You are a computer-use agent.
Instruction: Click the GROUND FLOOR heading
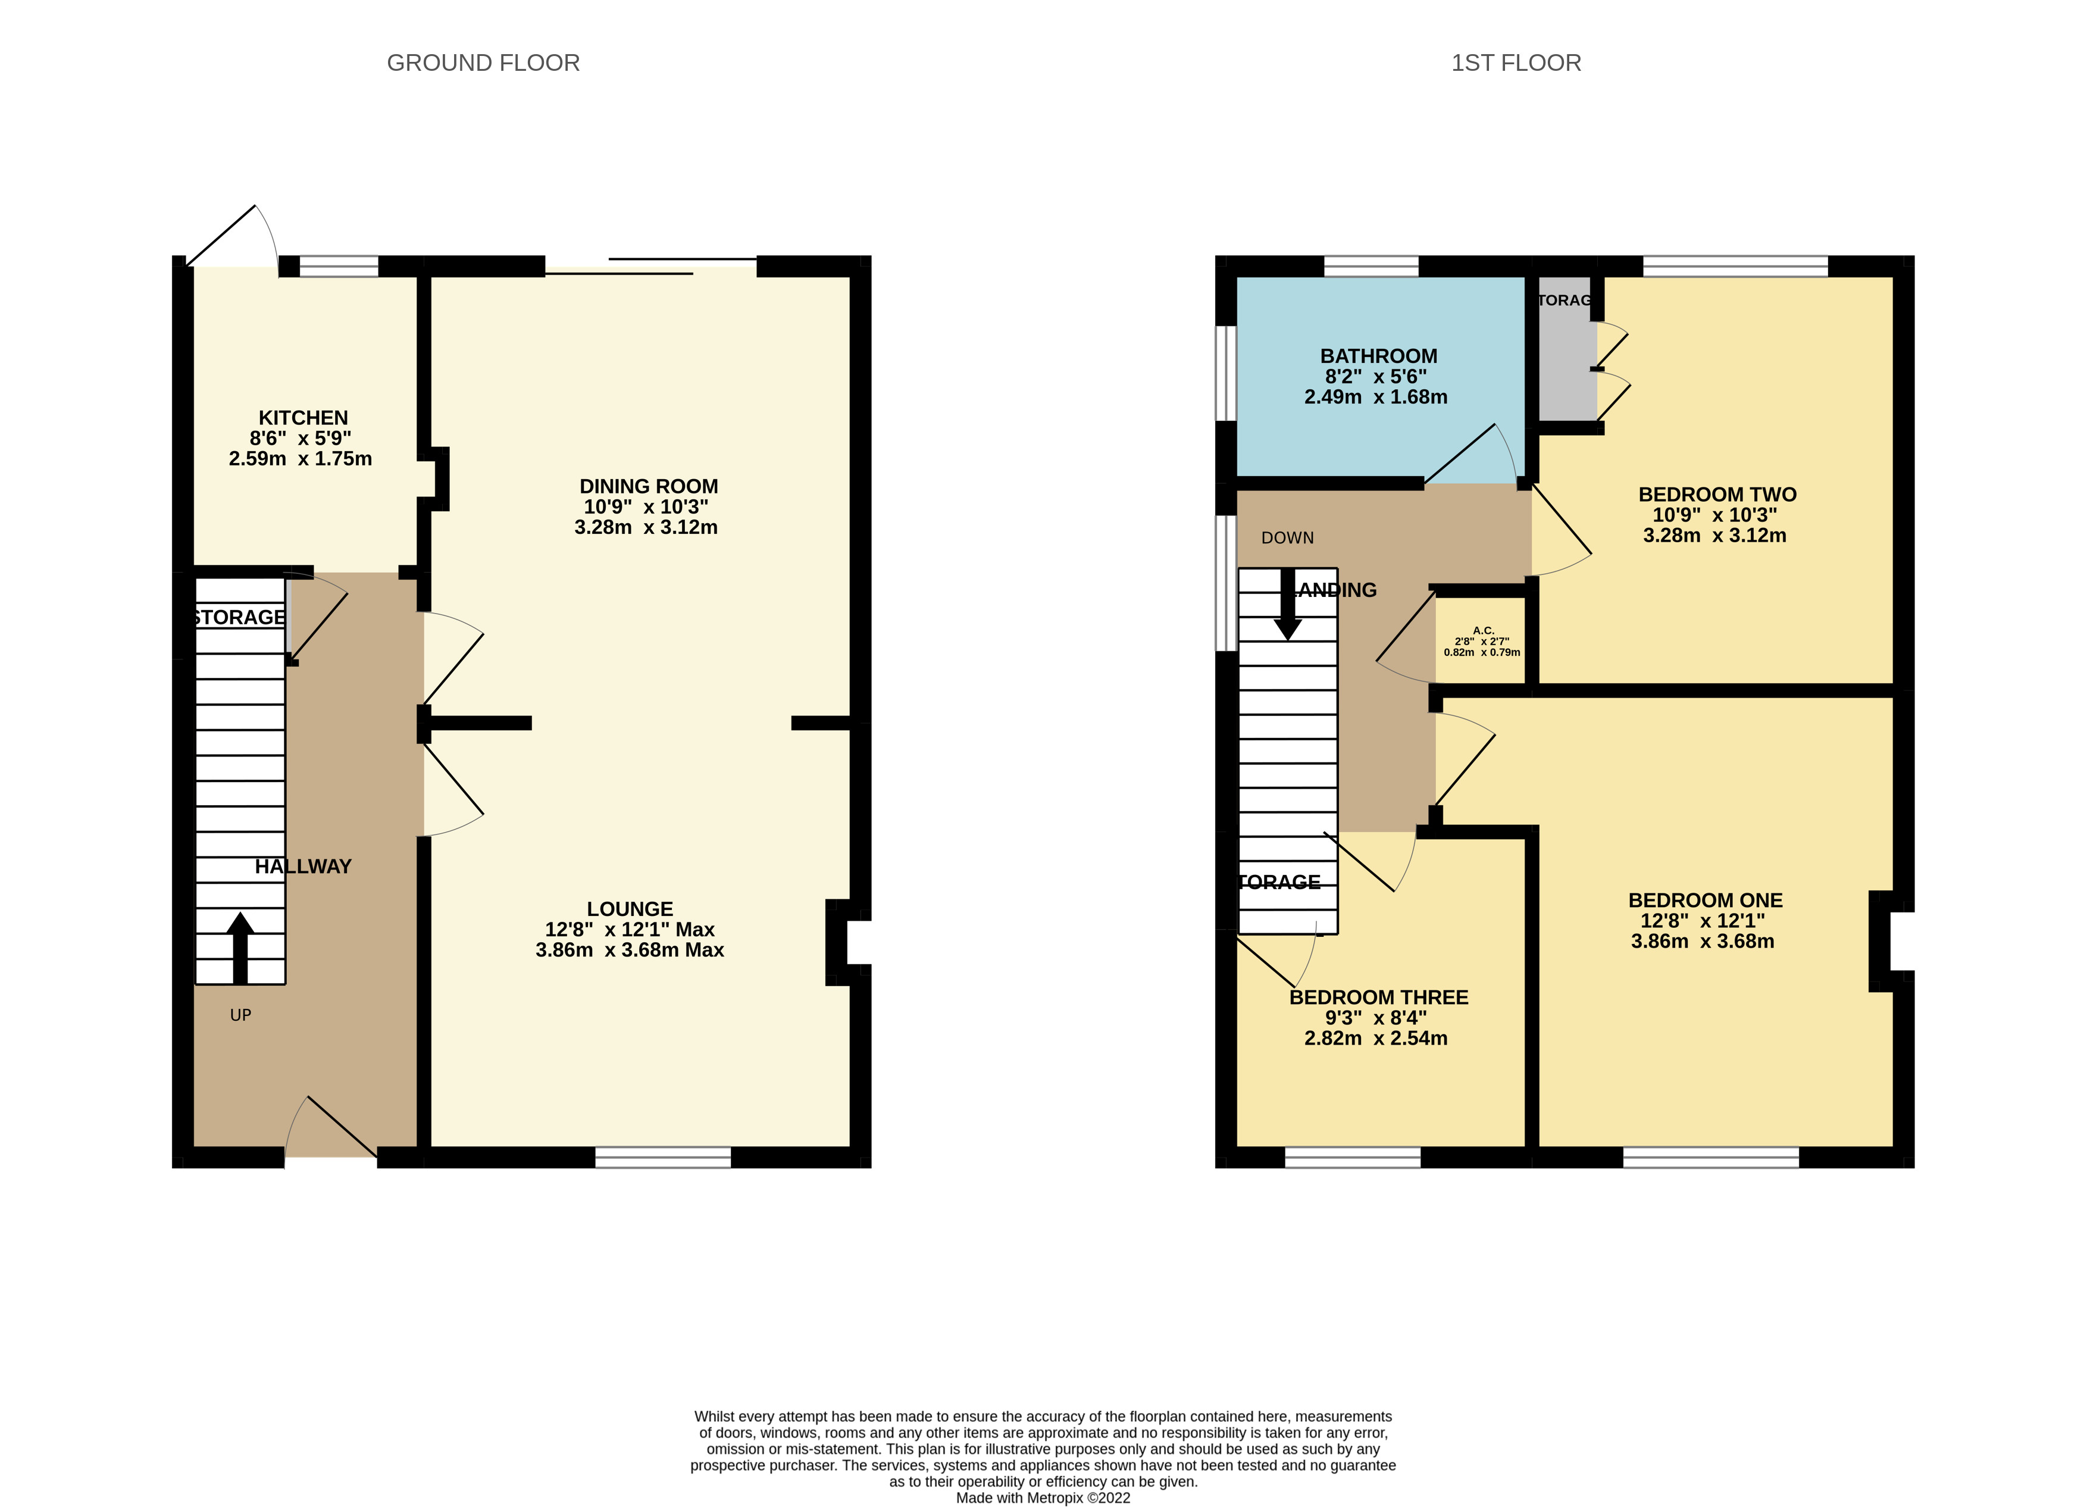click(x=483, y=62)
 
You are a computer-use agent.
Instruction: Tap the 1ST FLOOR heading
click(x=1516, y=62)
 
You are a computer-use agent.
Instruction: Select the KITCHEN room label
click(x=303, y=417)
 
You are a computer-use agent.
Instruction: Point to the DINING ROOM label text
click(x=648, y=486)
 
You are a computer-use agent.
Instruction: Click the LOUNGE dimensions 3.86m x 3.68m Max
click(x=630, y=950)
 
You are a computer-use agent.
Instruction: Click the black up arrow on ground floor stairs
click(x=240, y=948)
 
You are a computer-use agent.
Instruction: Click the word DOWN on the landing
click(x=1287, y=537)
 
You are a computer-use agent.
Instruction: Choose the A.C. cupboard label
click(x=1482, y=631)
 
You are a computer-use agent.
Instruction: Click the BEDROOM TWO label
click(x=1717, y=495)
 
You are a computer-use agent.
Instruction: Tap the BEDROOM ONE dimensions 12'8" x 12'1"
click(x=1703, y=921)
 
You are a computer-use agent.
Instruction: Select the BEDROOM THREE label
click(x=1378, y=997)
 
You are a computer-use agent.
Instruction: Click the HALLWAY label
click(x=303, y=866)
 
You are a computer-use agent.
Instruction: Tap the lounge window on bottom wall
click(x=662, y=1157)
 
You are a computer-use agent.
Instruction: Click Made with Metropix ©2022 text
click(x=1043, y=1498)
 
